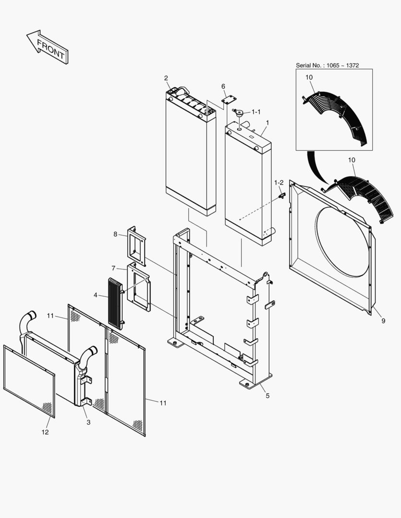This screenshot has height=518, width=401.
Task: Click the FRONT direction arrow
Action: point(47,47)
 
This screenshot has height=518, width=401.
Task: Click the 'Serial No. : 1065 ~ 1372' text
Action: point(327,65)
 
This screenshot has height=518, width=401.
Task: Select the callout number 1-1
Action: point(256,112)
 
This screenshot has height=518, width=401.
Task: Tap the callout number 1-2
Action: point(279,183)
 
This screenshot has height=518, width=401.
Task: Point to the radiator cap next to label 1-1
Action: point(239,114)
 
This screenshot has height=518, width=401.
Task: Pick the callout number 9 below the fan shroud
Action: point(383,321)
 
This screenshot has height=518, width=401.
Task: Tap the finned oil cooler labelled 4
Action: point(116,303)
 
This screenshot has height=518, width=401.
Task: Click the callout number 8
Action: point(115,234)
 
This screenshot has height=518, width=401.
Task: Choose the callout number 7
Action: point(113,268)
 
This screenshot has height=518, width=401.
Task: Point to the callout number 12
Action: point(44,432)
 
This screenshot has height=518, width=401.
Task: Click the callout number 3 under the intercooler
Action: point(88,422)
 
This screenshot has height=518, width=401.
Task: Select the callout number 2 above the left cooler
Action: point(166,78)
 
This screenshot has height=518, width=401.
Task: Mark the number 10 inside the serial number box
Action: point(309,77)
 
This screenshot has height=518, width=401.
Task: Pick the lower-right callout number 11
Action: point(163,403)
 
